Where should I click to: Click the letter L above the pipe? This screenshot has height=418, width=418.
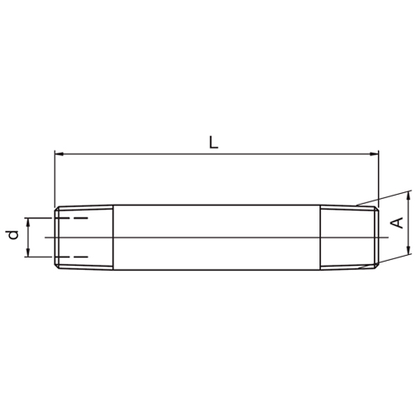(214, 142)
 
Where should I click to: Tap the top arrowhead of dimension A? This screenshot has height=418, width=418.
(408, 196)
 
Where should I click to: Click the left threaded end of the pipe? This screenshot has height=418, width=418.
(84, 237)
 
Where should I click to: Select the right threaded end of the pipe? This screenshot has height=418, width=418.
(349, 237)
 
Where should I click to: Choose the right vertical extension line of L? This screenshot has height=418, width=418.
(379, 176)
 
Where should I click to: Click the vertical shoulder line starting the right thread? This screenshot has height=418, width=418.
(321, 237)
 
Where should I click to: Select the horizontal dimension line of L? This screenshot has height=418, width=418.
(167, 154)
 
